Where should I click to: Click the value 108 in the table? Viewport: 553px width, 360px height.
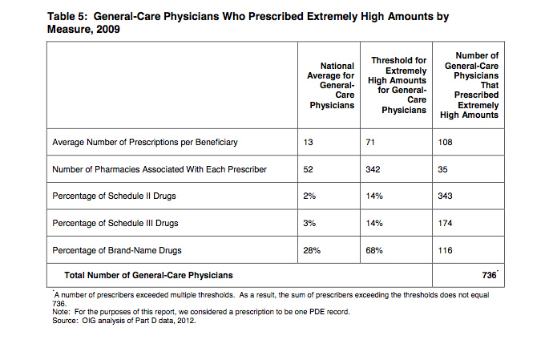click(445, 142)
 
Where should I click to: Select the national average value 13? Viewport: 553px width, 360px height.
click(308, 142)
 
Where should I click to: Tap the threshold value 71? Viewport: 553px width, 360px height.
click(370, 142)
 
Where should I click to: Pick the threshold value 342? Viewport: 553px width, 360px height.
click(373, 169)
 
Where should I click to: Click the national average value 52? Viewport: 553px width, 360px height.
click(308, 169)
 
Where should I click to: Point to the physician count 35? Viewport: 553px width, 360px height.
click(442, 169)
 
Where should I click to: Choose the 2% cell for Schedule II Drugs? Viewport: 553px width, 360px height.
click(309, 196)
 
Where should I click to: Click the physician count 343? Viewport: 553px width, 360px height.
click(445, 196)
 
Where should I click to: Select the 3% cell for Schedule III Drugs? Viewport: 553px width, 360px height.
click(309, 223)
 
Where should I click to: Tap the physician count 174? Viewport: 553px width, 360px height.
click(445, 223)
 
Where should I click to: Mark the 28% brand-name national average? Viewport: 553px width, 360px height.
click(312, 250)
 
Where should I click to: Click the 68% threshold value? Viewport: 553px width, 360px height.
click(374, 250)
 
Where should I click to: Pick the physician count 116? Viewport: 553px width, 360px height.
click(445, 250)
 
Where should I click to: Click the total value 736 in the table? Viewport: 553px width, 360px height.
click(489, 275)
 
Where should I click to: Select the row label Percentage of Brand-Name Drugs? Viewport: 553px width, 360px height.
click(117, 250)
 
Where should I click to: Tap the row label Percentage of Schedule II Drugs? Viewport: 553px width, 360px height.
click(114, 196)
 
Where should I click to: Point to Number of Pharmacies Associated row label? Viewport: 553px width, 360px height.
click(159, 169)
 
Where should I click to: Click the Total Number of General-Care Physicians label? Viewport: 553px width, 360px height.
click(148, 275)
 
